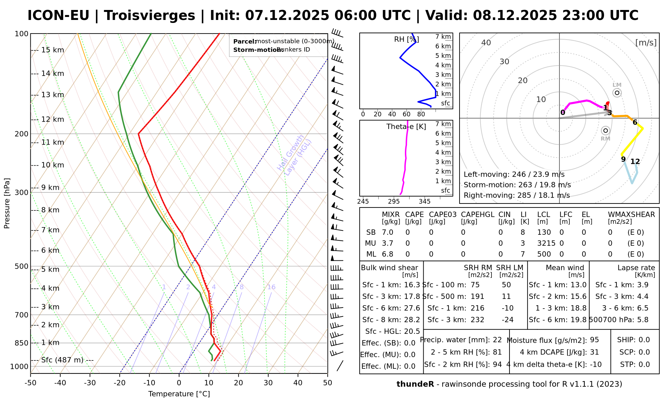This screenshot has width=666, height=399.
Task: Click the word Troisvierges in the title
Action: [150, 16]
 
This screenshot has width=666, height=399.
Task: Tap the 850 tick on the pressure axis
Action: [22, 343]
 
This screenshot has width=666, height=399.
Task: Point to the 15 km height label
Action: [53, 50]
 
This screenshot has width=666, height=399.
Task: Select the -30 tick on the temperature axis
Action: [90, 383]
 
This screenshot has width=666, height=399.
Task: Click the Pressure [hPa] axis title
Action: [7, 203]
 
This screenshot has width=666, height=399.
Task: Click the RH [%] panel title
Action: [406, 40]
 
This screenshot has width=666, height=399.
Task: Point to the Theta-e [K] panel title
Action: [406, 127]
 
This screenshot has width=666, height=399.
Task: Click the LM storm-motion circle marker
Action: [617, 93]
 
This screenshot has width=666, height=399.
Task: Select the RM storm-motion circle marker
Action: [605, 131]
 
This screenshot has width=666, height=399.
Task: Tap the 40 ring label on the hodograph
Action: [486, 43]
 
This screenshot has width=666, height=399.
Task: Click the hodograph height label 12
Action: [635, 162]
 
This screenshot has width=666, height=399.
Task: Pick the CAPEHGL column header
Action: [478, 215]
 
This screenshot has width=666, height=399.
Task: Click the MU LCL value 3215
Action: [546, 243]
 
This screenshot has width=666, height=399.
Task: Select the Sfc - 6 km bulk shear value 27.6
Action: [412, 308]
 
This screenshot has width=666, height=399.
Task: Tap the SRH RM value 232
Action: [477, 320]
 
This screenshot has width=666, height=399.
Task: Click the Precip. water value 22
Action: [497, 340]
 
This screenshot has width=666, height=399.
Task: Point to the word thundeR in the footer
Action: [415, 384]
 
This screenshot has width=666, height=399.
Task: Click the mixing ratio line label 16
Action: [271, 287]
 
